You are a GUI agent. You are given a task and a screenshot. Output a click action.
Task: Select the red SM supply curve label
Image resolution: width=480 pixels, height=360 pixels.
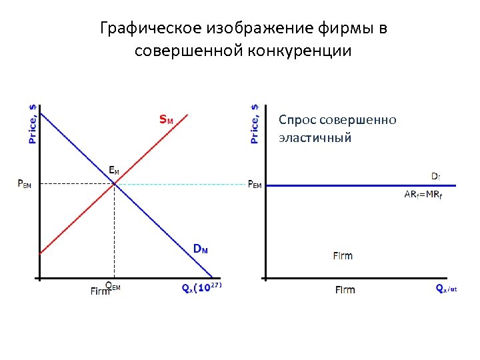click(x=166, y=121)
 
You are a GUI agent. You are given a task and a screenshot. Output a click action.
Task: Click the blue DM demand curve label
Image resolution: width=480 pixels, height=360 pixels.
click(x=200, y=249)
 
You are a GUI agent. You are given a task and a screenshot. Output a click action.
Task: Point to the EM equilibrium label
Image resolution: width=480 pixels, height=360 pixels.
click(x=115, y=170)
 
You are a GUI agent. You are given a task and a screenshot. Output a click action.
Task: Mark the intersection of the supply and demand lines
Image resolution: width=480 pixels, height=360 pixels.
click(x=115, y=184)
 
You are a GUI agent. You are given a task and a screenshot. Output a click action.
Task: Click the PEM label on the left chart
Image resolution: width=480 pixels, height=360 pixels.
click(x=24, y=185)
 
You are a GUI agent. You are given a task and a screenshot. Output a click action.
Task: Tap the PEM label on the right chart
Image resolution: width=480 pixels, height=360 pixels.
click(x=254, y=185)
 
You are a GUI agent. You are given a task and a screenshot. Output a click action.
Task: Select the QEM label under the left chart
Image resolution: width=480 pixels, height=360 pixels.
click(x=113, y=286)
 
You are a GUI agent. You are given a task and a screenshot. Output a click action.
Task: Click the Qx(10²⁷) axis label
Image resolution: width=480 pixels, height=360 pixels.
click(x=201, y=287)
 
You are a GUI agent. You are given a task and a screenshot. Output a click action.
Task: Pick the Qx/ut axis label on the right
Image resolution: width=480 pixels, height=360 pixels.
click(x=446, y=289)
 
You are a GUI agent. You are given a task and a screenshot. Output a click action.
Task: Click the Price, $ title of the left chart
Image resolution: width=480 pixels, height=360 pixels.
click(x=33, y=125)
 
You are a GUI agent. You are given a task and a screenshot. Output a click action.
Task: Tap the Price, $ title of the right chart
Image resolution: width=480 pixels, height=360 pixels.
click(x=255, y=125)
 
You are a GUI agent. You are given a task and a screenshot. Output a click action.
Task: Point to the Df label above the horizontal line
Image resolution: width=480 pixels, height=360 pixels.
click(x=435, y=177)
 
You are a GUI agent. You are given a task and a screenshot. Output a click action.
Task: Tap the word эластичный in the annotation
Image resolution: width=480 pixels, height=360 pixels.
click(x=315, y=138)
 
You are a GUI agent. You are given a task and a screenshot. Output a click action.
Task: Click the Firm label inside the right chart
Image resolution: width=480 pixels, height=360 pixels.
click(x=343, y=256)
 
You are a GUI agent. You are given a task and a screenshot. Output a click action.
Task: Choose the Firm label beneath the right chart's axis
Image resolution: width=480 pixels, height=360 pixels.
click(x=345, y=290)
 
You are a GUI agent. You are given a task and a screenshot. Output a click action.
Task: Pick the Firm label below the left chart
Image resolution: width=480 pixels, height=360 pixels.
click(x=100, y=291)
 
